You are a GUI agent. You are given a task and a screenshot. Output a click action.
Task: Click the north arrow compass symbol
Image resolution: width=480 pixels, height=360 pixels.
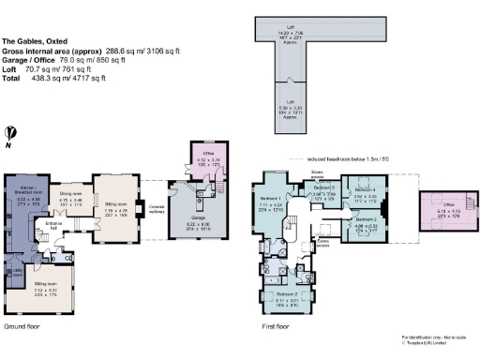point(7,135)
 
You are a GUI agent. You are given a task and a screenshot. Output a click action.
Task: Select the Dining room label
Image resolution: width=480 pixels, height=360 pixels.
point(71,190)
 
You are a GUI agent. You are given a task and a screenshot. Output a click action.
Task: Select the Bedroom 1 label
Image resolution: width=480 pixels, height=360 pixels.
point(269,201)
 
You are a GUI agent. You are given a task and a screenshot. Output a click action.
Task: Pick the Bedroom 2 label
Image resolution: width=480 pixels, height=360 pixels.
point(283,295)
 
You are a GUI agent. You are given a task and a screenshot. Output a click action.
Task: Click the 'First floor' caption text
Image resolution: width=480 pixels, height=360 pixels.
point(276,328)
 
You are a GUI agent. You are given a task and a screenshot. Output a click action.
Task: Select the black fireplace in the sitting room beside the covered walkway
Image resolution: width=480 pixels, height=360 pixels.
point(138,200)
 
